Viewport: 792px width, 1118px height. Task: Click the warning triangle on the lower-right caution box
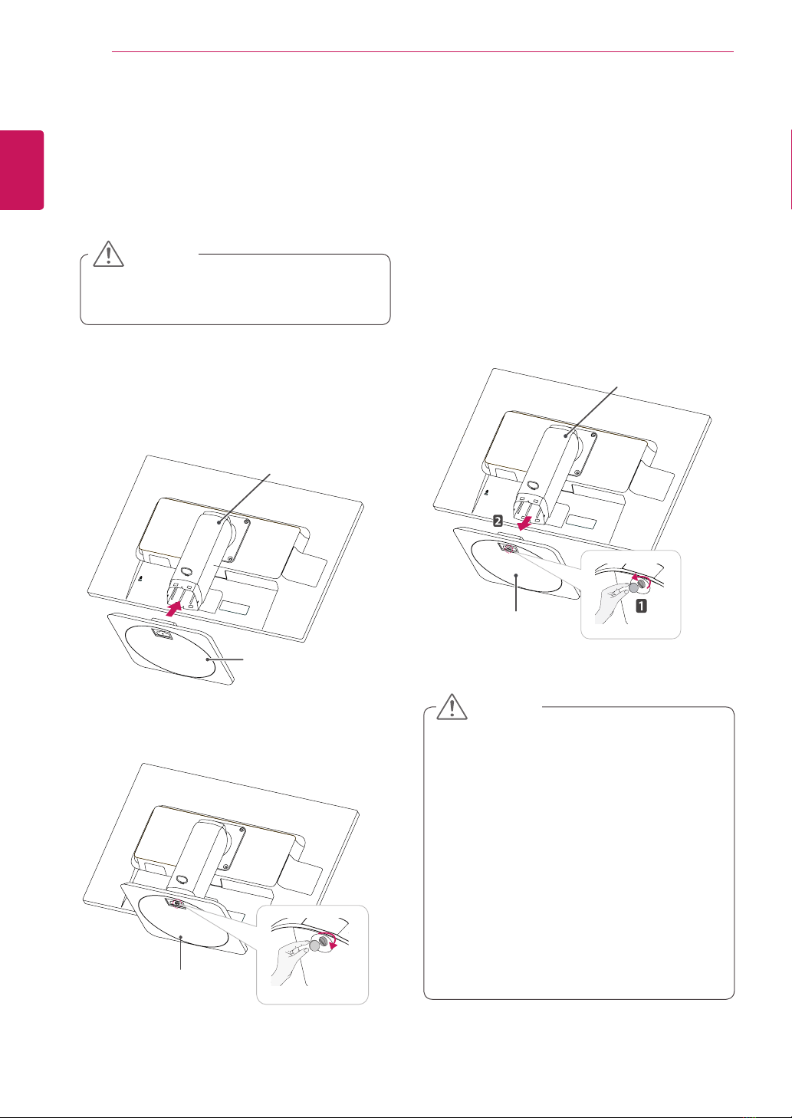tap(452, 707)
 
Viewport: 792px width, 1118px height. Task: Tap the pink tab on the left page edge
tap(21, 170)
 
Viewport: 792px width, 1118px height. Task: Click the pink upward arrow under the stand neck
tap(174, 609)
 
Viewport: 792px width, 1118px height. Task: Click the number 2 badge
tap(498, 521)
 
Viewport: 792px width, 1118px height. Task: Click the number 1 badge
tap(641, 606)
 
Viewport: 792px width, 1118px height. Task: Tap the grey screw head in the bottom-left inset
tap(315, 945)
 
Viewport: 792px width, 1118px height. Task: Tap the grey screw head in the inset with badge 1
tap(634, 588)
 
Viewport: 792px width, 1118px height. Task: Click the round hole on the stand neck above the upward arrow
tap(187, 572)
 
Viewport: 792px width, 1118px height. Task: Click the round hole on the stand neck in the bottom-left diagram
tap(182, 880)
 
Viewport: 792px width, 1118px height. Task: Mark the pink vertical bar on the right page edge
tap(790, 169)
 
